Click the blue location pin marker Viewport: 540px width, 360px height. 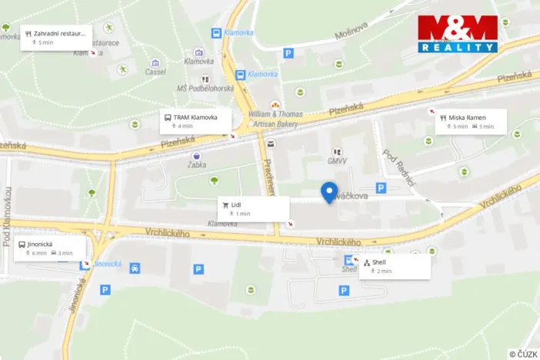tap(329, 192)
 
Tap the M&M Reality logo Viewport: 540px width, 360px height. tap(458, 35)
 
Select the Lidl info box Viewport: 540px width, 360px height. tap(253, 208)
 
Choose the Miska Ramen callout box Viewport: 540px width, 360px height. tap(471, 122)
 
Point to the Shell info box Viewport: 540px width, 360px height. tap(395, 266)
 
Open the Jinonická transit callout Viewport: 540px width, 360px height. tap(49, 248)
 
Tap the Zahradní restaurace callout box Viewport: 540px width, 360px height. tap(56, 37)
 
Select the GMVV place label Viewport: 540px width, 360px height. tap(336, 161)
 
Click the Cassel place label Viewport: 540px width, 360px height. tap(155, 72)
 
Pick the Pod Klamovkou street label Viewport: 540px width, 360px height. tap(6, 218)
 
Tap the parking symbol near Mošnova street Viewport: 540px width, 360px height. tap(288, 53)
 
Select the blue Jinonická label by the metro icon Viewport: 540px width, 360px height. tap(108, 264)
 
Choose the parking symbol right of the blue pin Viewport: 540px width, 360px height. tap(380, 188)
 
